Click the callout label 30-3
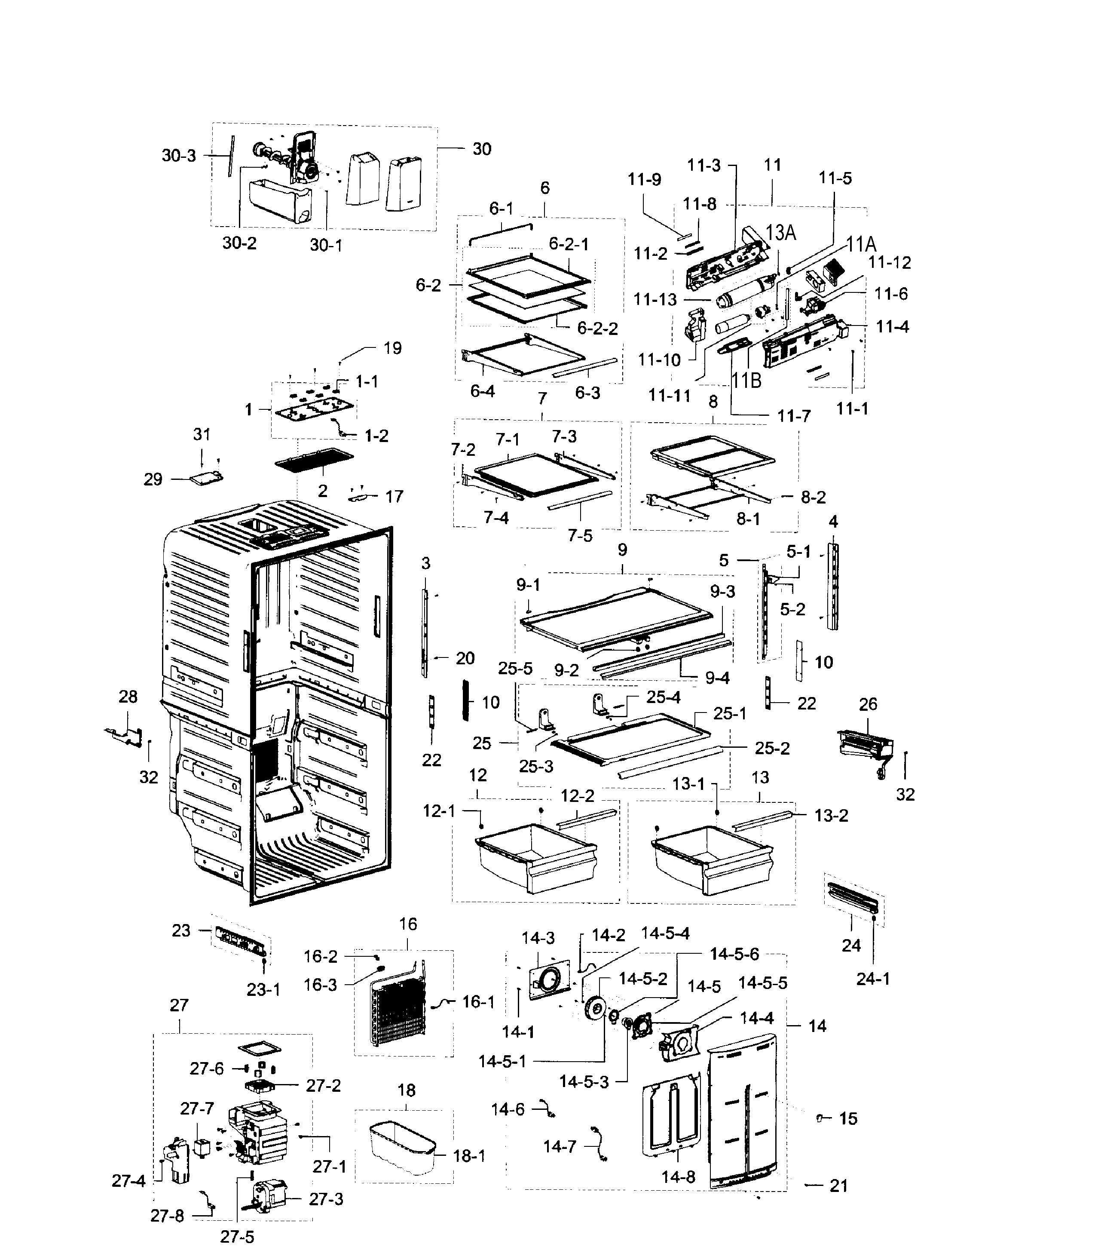tap(178, 155)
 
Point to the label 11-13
tap(655, 300)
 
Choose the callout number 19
tap(392, 348)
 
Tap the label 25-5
tap(514, 668)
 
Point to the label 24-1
tap(872, 979)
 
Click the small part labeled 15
tap(821, 1118)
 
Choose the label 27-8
tap(167, 1216)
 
